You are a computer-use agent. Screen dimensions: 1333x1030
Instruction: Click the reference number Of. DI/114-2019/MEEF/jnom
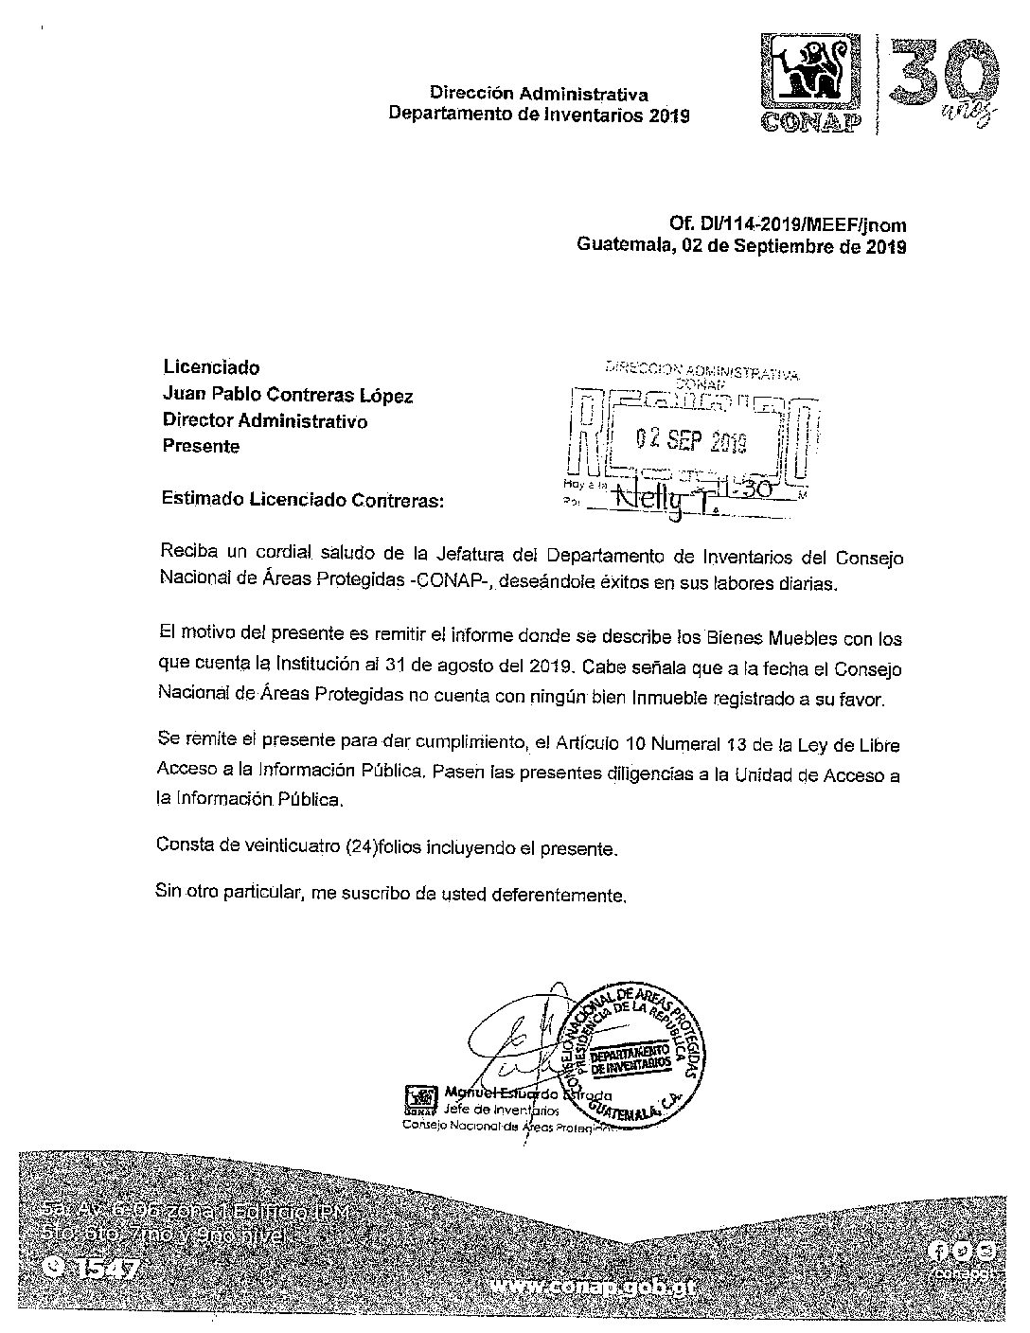pyautogui.click(x=788, y=225)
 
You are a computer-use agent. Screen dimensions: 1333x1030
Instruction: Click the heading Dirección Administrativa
pyautogui.click(x=539, y=94)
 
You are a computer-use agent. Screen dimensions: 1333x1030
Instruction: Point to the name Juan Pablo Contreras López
pyautogui.click(x=288, y=395)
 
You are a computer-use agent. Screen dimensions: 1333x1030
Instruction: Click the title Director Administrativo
pyautogui.click(x=265, y=420)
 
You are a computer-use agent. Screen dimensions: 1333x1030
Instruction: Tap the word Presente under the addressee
pyautogui.click(x=202, y=446)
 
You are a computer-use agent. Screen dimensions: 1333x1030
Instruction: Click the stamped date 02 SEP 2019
pyautogui.click(x=691, y=441)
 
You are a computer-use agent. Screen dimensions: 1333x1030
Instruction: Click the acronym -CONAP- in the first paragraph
pyautogui.click(x=445, y=583)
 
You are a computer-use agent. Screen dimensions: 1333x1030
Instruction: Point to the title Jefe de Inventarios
pyautogui.click(x=489, y=1109)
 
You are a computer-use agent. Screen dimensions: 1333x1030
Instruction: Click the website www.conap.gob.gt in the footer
pyautogui.click(x=599, y=1288)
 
